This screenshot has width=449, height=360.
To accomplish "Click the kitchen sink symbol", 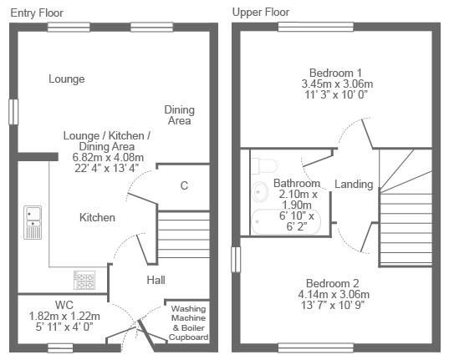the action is click(x=33, y=222).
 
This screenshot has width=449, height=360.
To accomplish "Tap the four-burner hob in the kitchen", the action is click(x=84, y=280).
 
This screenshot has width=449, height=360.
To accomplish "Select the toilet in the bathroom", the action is click(x=264, y=165).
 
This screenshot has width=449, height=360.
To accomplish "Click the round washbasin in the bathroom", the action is click(x=260, y=192).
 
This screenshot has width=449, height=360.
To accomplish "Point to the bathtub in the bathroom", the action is click(x=286, y=222).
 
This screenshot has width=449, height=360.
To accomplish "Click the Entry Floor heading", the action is click(x=37, y=13).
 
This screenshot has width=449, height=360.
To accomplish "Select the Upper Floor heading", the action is click(x=261, y=13).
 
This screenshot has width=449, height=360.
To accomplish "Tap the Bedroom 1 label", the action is click(x=335, y=73).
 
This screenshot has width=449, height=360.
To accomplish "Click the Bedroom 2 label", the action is click(x=332, y=283).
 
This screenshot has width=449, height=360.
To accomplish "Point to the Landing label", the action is click(x=354, y=185).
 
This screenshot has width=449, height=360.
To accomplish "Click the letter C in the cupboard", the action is click(x=184, y=185).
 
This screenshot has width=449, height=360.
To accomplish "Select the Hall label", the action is click(x=156, y=280).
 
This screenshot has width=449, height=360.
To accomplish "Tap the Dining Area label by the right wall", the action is click(x=179, y=115).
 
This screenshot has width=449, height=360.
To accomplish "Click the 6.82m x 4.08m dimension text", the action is click(x=108, y=157).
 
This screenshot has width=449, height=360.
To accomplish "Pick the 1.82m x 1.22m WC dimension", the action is click(x=64, y=317).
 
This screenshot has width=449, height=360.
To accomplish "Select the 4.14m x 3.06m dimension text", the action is click(x=334, y=294).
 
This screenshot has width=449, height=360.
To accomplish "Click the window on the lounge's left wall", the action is click(x=13, y=112).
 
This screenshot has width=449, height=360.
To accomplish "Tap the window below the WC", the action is click(x=60, y=348).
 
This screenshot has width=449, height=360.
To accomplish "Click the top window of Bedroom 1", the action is click(x=316, y=27).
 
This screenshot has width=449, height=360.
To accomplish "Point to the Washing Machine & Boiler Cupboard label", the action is click(x=188, y=322).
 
